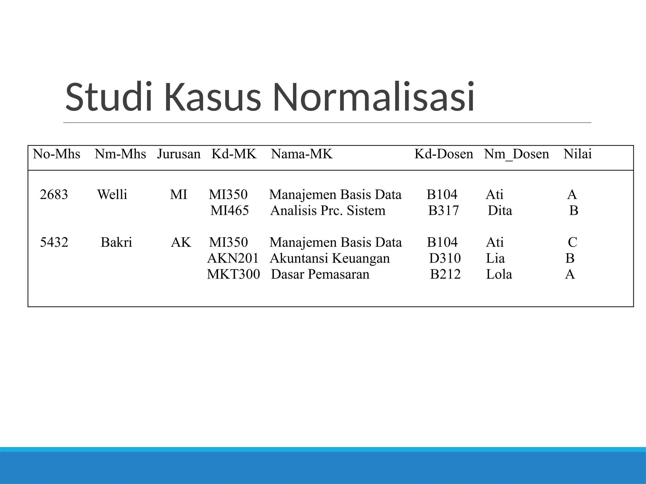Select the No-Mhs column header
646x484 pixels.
[56, 154]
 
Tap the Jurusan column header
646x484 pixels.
[179, 154]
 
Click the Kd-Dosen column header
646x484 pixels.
[443, 154]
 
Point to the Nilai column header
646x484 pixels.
[578, 154]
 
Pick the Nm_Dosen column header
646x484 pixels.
[516, 154]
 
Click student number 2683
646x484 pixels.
[54, 195]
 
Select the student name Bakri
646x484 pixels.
[116, 242]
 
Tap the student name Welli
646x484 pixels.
[112, 195]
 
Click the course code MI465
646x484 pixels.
[230, 210]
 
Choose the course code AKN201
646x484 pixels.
[233, 258]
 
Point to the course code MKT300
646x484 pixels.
[233, 274]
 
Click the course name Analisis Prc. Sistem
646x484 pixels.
[328, 210]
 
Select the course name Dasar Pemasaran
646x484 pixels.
[320, 274]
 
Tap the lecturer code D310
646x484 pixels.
[445, 258]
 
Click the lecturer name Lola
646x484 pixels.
[499, 274]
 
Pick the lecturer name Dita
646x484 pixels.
[500, 210]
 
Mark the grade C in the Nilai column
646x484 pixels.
[573, 242]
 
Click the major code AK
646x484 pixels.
[181, 242]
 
